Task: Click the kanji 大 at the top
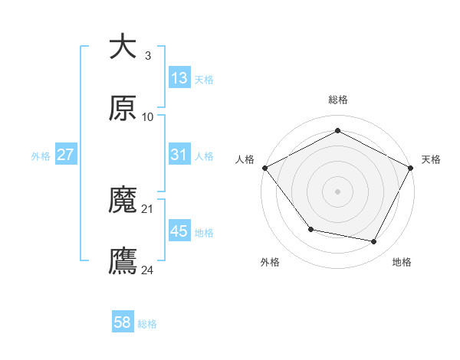(x=123, y=47)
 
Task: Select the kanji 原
(x=123, y=109)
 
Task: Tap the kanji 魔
(x=123, y=201)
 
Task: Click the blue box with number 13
(x=179, y=78)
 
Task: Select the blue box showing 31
(x=179, y=155)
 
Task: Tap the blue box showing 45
(x=179, y=231)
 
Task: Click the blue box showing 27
(x=66, y=155)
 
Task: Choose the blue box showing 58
(x=123, y=322)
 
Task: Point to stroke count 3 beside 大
(x=147, y=55)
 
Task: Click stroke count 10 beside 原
(x=148, y=116)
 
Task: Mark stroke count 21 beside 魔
(x=148, y=208)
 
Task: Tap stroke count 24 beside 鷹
(x=148, y=270)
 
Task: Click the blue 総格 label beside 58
(x=147, y=324)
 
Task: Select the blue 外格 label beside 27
(x=41, y=155)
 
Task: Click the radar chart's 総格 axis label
(x=337, y=100)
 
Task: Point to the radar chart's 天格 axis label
(x=431, y=159)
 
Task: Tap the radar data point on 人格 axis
(x=265, y=167)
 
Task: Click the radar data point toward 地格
(x=374, y=242)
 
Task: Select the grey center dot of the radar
(x=337, y=191)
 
